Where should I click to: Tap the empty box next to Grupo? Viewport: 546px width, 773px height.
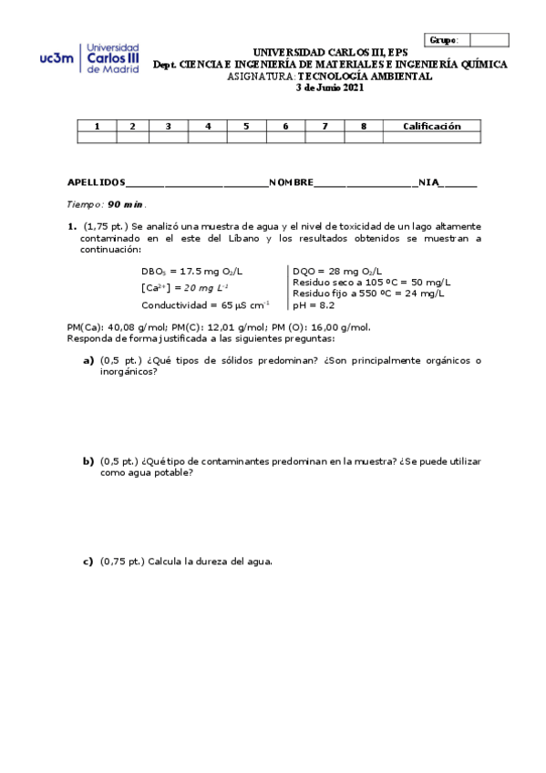[489, 40]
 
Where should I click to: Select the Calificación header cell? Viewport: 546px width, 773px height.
[432, 127]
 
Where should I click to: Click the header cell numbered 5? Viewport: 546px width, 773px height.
[246, 127]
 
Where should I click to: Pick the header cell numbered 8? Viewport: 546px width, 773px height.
[363, 127]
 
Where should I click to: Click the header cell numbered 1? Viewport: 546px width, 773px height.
[97, 127]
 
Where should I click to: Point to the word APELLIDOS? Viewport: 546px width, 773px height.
[97, 183]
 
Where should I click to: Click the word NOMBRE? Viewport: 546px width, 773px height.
[291, 183]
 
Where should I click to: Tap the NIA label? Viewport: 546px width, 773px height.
[428, 183]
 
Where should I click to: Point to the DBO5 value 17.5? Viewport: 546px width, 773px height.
[194, 271]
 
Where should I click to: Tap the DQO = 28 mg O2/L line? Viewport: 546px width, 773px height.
[338, 271]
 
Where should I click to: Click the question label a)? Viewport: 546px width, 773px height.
[88, 360]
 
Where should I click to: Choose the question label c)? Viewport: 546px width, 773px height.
[88, 562]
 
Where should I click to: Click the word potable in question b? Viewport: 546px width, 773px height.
[175, 473]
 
